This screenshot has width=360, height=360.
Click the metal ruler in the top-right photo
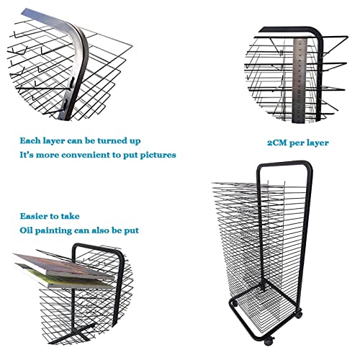pos(300,81)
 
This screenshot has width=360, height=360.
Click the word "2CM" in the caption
pos(277,143)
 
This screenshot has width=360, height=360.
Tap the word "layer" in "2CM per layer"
pos(317,143)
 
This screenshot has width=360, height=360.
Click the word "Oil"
pos(25,230)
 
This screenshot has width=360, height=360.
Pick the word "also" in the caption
pos(101,230)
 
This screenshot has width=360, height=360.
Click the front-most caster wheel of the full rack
pos(269,341)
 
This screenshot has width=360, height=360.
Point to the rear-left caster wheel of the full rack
pos(234,303)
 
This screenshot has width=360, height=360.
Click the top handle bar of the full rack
pos(284,163)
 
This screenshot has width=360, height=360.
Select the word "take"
pos(70,216)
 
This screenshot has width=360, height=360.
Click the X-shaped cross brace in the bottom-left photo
pos(76,332)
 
